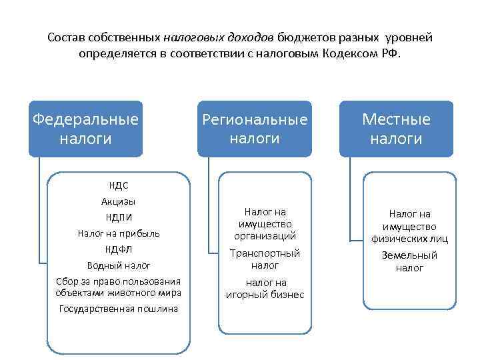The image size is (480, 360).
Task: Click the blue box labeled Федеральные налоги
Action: pyautogui.click(x=86, y=129)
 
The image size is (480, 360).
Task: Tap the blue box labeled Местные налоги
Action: pyautogui.click(x=396, y=129)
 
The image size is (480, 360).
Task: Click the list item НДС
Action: pyautogui.click(x=118, y=186)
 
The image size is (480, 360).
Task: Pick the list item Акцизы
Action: pyautogui.click(x=118, y=201)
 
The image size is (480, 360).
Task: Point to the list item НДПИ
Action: pyautogui.click(x=118, y=217)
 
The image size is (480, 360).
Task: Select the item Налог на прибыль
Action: pyautogui.click(x=118, y=233)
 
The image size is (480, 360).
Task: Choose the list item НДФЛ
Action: pyautogui.click(x=118, y=249)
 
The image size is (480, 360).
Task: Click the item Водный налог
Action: pyautogui.click(x=118, y=265)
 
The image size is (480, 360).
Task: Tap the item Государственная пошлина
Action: pyautogui.click(x=118, y=309)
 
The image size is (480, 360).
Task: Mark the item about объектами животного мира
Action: pyautogui.click(x=118, y=287)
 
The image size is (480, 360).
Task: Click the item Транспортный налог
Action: pyautogui.click(x=265, y=259)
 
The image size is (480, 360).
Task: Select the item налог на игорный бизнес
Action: pyautogui.click(x=265, y=289)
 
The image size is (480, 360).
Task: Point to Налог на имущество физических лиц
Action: pyautogui.click(x=409, y=226)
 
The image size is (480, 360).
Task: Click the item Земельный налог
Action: pyautogui.click(x=409, y=261)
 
